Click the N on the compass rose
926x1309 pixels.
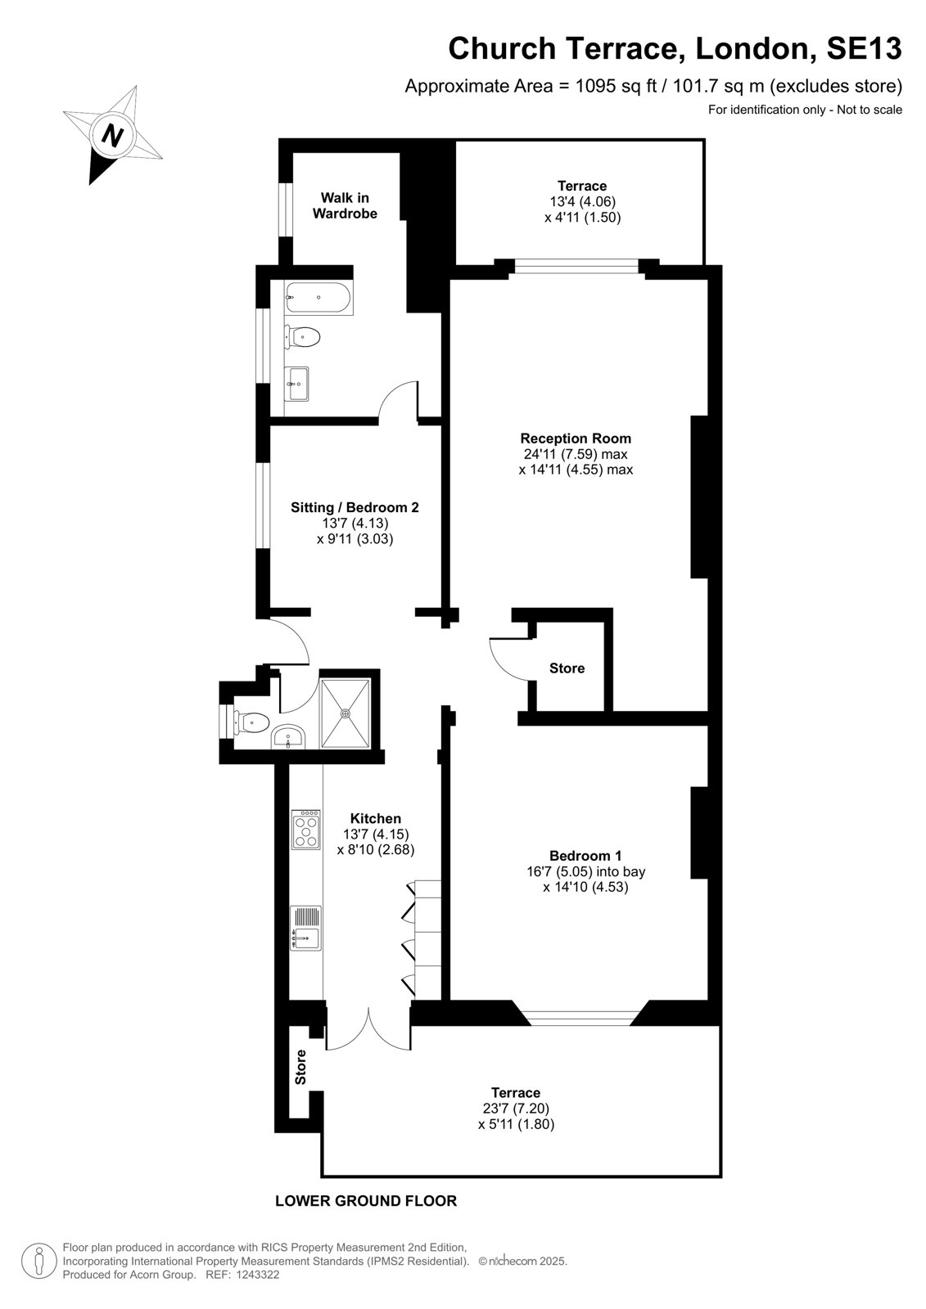tap(112, 136)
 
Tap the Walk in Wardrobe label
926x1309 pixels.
tap(345, 205)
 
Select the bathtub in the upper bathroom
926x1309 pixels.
tap(318, 298)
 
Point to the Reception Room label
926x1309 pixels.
tap(576, 439)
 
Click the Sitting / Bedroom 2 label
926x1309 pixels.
tap(355, 507)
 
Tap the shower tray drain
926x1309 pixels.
tap(346, 713)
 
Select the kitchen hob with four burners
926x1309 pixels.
tap(306, 830)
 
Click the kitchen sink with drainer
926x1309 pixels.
tap(306, 928)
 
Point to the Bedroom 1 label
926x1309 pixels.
tap(585, 856)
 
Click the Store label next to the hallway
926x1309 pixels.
tap(567, 668)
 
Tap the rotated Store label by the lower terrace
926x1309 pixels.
tap(300, 1067)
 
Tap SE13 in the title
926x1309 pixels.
tap(864, 48)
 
